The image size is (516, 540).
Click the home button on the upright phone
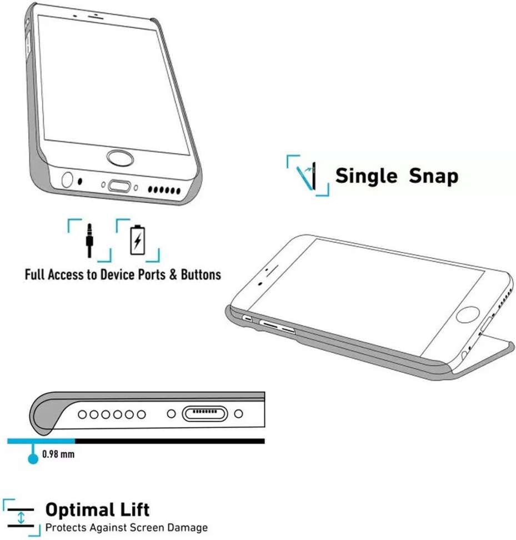(x=119, y=157)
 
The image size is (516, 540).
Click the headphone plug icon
(x=89, y=239)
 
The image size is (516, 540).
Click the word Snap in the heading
(x=434, y=176)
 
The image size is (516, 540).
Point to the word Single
(x=366, y=176)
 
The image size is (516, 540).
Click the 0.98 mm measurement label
(x=58, y=454)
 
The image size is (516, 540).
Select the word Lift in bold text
(x=133, y=509)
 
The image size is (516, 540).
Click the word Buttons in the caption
(x=201, y=274)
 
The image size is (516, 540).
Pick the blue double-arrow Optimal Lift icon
(x=21, y=518)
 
